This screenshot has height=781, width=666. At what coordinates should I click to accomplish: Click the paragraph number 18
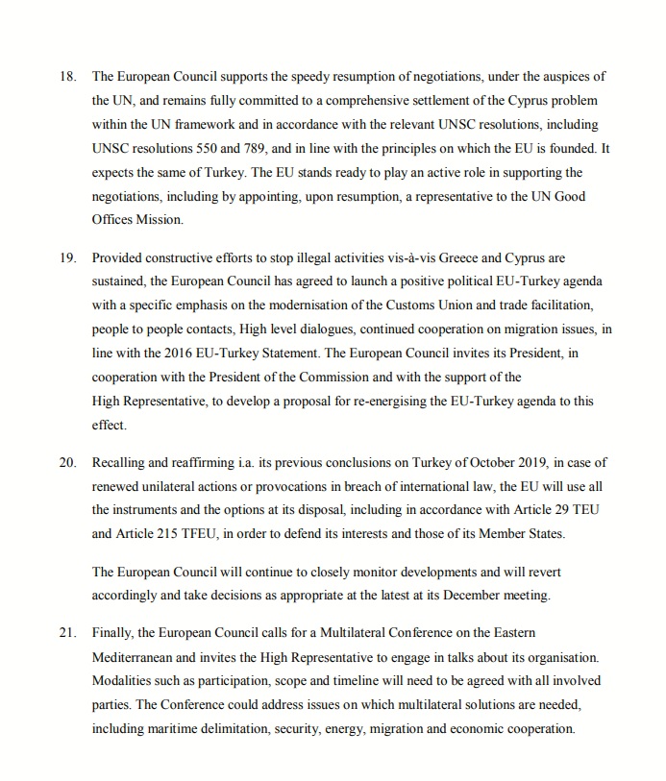coord(67,75)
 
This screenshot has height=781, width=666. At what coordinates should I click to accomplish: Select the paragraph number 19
coord(67,258)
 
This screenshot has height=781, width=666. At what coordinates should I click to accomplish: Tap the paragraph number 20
coord(67,462)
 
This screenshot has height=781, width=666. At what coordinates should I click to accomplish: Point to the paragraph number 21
coord(67,633)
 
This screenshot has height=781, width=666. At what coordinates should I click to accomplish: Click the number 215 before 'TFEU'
coord(159,534)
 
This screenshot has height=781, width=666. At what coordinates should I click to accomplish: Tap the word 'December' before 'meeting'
coord(467,596)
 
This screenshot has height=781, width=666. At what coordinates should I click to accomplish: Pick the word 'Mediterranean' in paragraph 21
coord(137,657)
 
